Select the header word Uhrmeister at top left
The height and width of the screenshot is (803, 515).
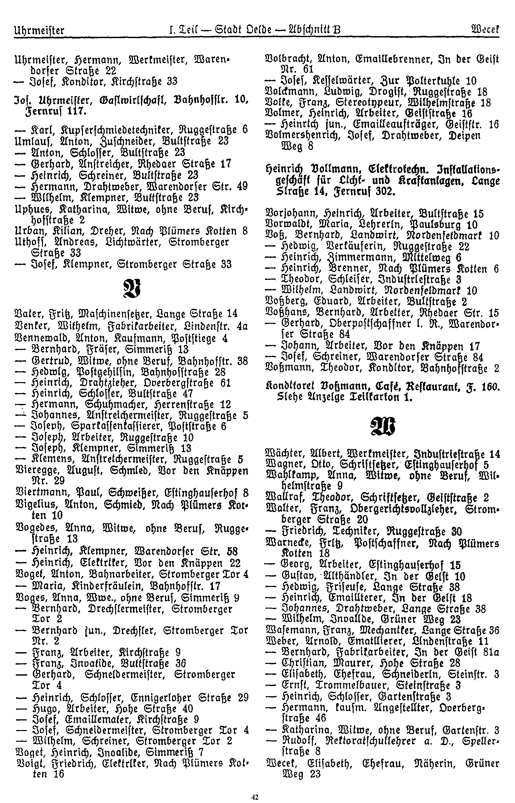(x=39, y=31)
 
